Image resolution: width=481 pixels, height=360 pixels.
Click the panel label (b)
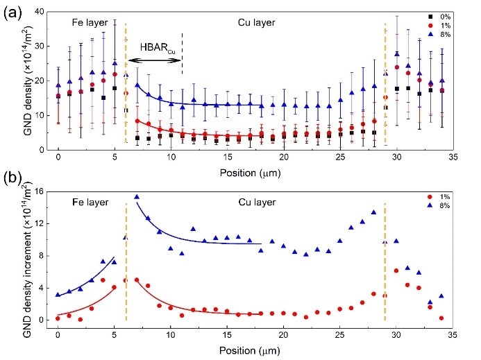point(12,179)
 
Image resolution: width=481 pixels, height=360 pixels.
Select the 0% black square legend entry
point(439,17)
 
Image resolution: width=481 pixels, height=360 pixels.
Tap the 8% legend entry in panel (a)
point(439,35)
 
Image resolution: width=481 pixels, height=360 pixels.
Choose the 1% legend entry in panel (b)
point(439,196)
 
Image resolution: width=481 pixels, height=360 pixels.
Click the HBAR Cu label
point(158,48)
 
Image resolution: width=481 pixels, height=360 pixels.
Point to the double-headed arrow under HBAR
point(155,60)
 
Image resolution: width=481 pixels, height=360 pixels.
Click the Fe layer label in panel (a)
point(90,22)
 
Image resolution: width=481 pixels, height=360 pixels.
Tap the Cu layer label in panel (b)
point(257,203)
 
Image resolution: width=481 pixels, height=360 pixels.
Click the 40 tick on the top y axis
point(40,12)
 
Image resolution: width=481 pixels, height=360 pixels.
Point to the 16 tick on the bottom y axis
point(40,191)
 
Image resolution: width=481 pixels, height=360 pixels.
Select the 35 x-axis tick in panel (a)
point(453,157)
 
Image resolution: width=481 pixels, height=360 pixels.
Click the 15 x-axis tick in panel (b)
point(227,334)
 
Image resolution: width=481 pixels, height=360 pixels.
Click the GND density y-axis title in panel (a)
point(28,81)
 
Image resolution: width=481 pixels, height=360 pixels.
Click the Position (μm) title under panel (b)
point(250,350)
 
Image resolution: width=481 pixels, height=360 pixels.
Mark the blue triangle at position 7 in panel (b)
point(137,197)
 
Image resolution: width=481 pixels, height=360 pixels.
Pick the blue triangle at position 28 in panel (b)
point(373,212)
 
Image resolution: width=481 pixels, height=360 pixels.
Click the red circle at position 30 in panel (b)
point(396,271)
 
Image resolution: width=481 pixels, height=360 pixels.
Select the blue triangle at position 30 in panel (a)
point(396,54)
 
